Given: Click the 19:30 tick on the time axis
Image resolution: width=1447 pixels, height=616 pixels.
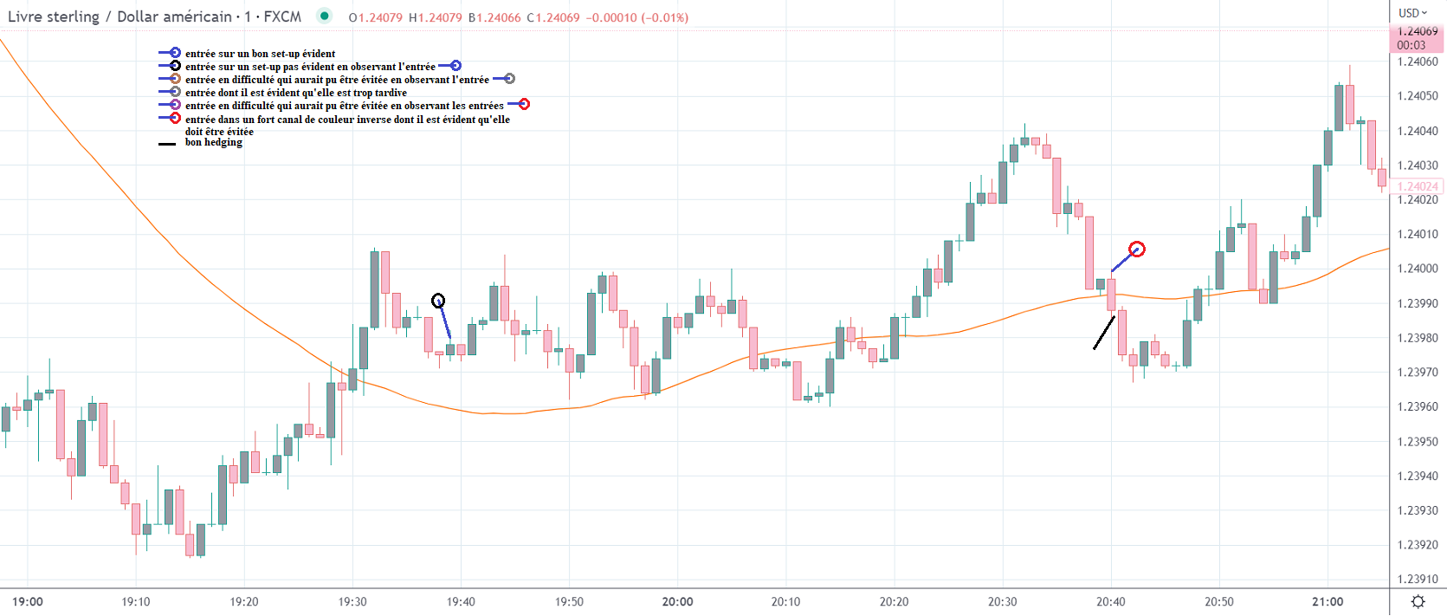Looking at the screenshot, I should [352, 601].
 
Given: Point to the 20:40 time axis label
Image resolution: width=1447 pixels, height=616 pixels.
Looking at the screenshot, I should [1111, 601].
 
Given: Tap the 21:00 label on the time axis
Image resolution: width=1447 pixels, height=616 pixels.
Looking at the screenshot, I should [1327, 601].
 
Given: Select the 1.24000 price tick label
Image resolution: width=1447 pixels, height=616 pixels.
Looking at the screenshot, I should [1418, 269].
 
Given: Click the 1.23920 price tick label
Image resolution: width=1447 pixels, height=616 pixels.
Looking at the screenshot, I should [1418, 545].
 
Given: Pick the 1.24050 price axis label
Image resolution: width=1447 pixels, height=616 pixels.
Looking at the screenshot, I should [1418, 96].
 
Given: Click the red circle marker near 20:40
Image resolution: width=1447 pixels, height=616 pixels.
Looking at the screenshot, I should [1137, 250].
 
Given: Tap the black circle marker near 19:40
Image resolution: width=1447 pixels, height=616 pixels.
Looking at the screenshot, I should [438, 301].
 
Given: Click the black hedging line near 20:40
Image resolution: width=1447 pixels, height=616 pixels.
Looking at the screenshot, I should [1104, 333].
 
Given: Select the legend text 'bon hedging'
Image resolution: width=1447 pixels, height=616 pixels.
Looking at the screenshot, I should [214, 142].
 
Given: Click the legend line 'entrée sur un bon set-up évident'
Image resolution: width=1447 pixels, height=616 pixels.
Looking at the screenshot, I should [260, 54].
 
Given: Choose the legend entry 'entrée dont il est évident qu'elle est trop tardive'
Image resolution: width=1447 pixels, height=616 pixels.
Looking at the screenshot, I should [295, 93].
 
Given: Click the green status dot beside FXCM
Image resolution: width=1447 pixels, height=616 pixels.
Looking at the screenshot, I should [324, 16].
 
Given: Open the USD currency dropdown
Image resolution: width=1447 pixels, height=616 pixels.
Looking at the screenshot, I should [1412, 13].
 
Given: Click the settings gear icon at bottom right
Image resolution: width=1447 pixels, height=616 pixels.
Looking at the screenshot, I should [1418, 601].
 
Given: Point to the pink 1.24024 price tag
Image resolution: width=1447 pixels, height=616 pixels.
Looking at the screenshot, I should [1418, 186].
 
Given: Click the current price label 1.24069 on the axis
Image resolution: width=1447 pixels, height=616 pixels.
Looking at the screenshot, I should [1418, 32].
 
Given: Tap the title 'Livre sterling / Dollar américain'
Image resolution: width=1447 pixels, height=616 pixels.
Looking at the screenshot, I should [120, 16].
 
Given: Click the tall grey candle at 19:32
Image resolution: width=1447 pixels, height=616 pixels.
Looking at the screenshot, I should [375, 289].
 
